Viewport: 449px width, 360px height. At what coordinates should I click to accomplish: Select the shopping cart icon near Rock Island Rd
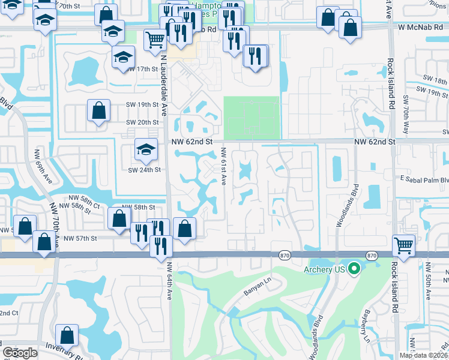pos(404,245)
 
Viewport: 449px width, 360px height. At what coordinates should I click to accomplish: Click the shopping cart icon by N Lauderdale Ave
pos(155,40)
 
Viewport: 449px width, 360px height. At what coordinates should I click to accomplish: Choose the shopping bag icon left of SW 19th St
pos(98,110)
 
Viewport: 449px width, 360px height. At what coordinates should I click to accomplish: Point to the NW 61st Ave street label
pos(223,166)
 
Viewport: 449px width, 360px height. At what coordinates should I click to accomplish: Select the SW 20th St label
pos(142,122)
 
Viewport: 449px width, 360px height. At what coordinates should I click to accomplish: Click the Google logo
pos(20,353)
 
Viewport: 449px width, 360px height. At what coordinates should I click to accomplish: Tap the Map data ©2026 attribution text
pos(423,355)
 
